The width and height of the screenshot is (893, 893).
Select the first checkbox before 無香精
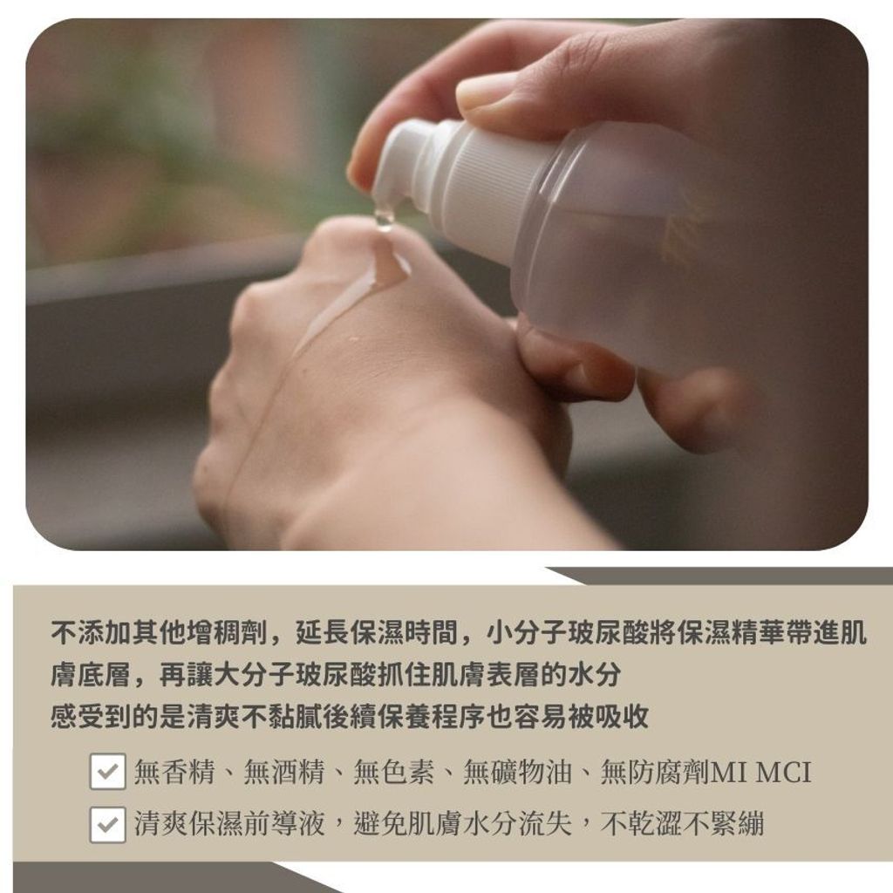point(107,773)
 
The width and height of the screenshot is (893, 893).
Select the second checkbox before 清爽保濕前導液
point(107,824)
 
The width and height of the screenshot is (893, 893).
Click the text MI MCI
point(761,773)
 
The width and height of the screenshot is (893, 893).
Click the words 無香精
point(174,773)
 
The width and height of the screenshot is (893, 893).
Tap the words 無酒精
point(284,773)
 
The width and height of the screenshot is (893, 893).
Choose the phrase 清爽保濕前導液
point(229,824)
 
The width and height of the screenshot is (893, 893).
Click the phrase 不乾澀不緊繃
point(683,824)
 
